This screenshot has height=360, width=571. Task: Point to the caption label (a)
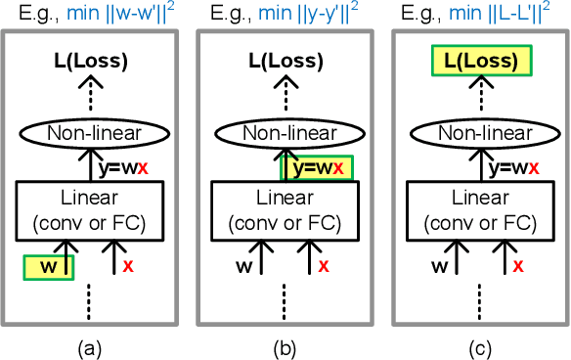[90, 345]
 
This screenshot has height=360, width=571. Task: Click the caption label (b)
[285, 345]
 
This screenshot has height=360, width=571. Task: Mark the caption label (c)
[479, 345]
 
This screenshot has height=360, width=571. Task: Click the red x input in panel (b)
[325, 266]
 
